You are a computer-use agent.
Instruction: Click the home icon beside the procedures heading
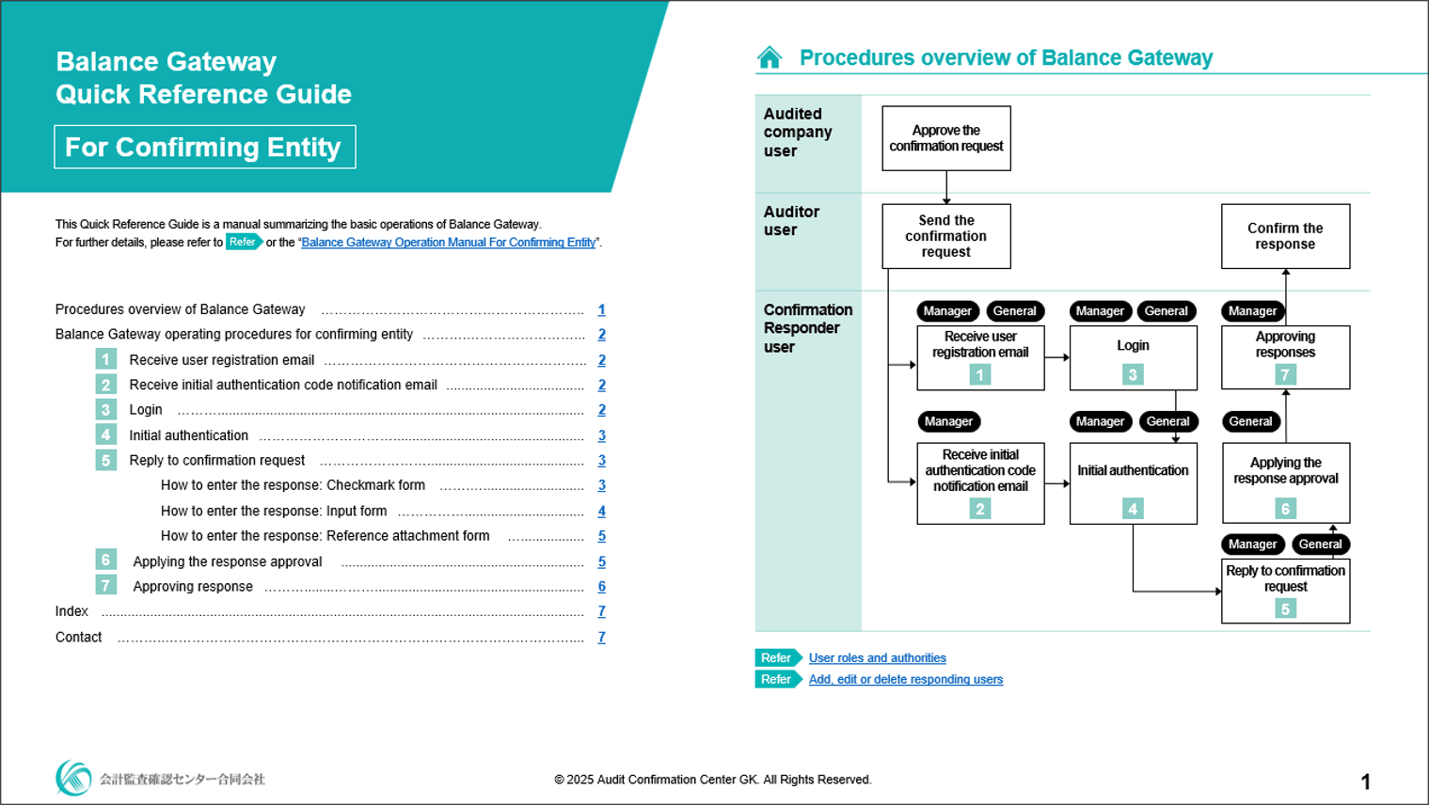(770, 58)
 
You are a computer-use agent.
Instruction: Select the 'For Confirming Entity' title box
(204, 147)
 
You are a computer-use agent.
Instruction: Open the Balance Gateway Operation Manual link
(449, 243)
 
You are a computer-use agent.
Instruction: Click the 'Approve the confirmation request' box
(945, 138)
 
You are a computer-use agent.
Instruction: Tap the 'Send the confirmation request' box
(945, 236)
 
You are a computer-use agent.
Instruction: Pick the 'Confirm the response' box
(1285, 236)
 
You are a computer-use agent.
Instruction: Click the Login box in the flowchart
(1133, 356)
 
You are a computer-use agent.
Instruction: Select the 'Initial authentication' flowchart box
(1133, 481)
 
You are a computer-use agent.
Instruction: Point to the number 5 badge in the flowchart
(1285, 608)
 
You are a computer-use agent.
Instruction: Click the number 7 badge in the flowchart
(1285, 374)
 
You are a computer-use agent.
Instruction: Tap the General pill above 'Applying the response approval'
(1250, 421)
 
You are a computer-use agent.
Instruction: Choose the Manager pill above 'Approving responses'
(1252, 311)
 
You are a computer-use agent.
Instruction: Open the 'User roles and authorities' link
(877, 658)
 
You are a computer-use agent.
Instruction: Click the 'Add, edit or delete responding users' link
(905, 680)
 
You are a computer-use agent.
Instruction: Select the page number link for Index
(602, 611)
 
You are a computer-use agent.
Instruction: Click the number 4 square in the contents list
(105, 434)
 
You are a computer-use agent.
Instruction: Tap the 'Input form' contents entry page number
(602, 511)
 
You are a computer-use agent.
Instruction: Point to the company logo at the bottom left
(73, 778)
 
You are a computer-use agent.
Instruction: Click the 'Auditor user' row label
(791, 221)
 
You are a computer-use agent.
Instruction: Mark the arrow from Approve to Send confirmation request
(946, 188)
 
